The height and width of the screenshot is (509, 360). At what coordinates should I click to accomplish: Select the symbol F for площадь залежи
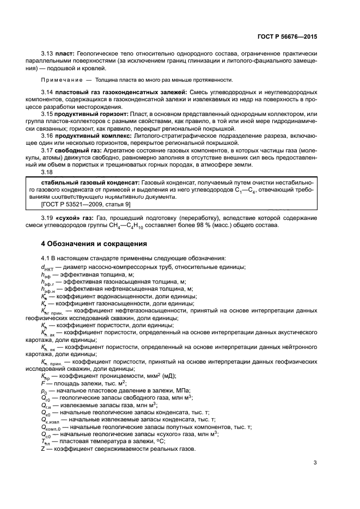pos(43,383)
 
